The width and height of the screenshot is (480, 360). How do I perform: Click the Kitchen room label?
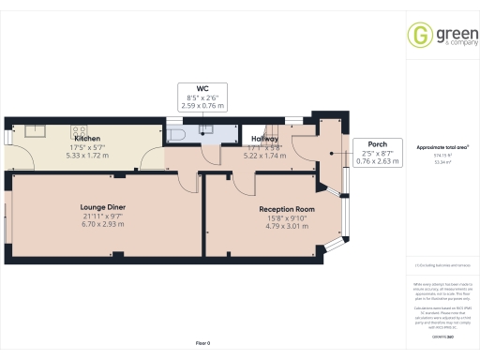tap(87, 139)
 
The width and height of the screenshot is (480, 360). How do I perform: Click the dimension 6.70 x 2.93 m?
tap(102, 224)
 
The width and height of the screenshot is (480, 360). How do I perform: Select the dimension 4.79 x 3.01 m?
tap(287, 226)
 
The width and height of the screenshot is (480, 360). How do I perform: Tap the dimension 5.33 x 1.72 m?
tap(87, 156)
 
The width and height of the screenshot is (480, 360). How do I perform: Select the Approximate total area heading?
tap(442, 147)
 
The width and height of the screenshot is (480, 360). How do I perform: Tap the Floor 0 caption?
tap(203, 345)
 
